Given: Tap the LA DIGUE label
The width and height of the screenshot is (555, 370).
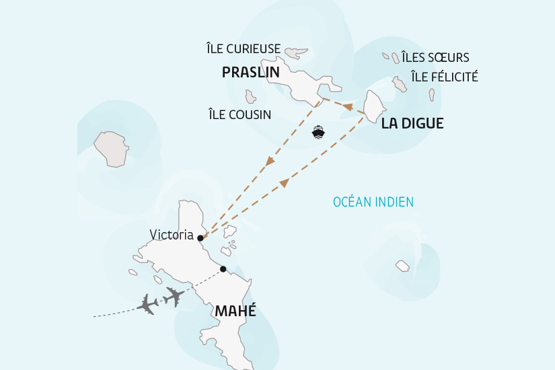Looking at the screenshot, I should pos(412,123).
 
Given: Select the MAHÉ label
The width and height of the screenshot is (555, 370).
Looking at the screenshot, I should pos(235,311).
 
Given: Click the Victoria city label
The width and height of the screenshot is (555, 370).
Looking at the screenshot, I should pos(172,235).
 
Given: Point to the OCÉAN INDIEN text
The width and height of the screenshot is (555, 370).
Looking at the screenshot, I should pos(373,202).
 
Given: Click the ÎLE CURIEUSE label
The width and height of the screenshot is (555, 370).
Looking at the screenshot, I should pos(243,48).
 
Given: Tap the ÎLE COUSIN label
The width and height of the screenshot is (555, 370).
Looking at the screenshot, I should pos(239,115).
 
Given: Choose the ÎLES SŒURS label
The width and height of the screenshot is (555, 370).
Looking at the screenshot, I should pos(435,57).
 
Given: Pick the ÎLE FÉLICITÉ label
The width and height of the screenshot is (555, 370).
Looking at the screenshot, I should pos(444,77).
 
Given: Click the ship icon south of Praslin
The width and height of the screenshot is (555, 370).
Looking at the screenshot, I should pos(318,131).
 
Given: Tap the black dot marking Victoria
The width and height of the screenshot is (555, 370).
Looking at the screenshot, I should pos(200,237).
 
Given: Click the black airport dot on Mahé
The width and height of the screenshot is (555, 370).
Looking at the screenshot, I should pos(223,270).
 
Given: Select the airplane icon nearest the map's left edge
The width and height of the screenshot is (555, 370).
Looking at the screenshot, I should pos(148,304).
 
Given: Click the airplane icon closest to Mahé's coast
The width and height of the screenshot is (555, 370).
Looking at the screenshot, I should pos(174,296).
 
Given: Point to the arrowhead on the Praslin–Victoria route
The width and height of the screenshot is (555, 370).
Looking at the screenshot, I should pos(270,161).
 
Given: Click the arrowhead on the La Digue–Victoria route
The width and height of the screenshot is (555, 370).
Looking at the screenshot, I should pos(284,182).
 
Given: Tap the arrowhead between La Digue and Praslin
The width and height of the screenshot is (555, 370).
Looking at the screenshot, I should pos(348,107).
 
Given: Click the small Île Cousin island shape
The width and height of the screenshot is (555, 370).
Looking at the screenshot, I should pos(251,97).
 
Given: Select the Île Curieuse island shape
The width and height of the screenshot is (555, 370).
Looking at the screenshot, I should pos(295,52).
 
